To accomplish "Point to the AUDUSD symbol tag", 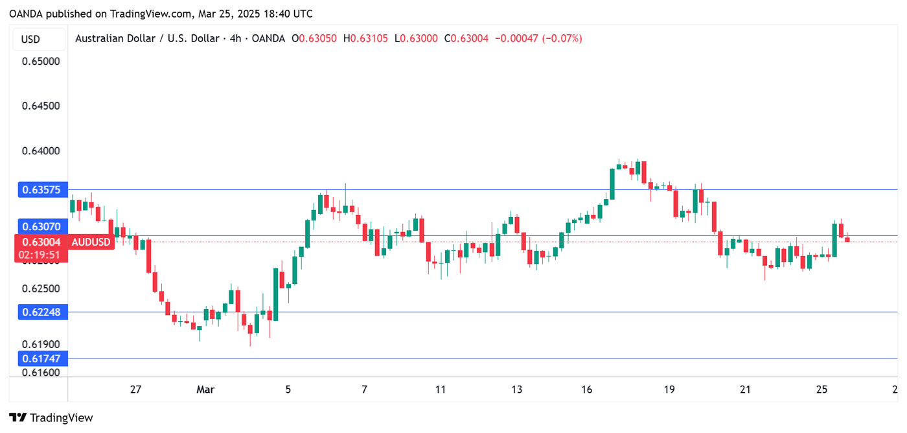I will (90, 242).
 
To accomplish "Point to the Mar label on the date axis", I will (205, 390).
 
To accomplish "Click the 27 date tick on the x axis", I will (135, 390).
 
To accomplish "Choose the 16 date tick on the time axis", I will (587, 390).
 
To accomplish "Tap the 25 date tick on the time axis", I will (821, 390).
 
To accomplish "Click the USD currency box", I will (30, 39).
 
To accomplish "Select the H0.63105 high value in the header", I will (365, 39).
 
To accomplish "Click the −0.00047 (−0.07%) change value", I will (538, 39).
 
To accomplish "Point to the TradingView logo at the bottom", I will (52, 418).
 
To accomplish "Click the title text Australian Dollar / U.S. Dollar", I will (147, 39).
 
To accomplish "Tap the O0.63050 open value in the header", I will (314, 39).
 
